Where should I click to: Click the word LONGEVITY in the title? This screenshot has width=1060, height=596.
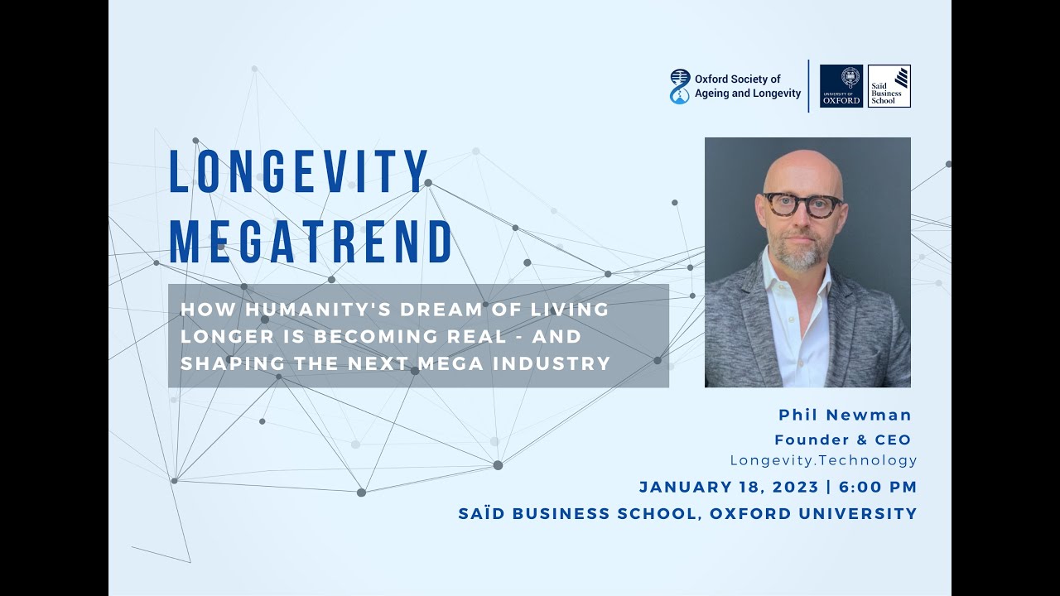click(299, 172)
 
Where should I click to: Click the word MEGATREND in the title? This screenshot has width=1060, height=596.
click(311, 242)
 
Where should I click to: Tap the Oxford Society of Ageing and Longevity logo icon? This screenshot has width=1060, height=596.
click(679, 86)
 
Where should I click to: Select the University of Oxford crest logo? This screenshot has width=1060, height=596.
click(841, 86)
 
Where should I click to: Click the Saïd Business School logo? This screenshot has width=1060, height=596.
click(889, 86)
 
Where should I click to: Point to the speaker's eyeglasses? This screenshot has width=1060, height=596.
click(802, 204)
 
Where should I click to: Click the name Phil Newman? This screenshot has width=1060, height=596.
click(845, 415)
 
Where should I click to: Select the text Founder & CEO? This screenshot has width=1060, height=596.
click(842, 440)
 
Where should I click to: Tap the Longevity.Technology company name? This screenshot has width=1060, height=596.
click(823, 460)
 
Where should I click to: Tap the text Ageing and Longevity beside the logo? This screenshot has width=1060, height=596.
click(748, 94)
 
